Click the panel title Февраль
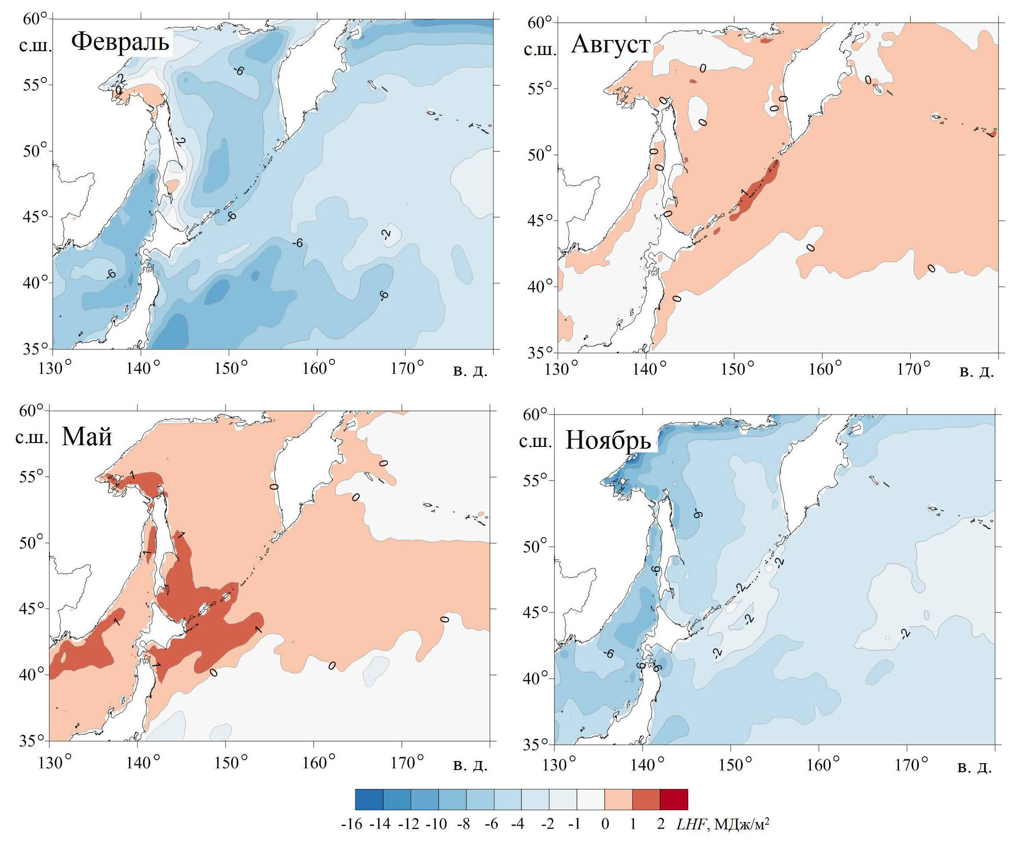tap(120, 42)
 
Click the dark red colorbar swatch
tap(673, 799)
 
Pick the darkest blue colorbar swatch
tap(369, 799)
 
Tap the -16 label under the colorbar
tap(351, 824)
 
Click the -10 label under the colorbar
tap(436, 824)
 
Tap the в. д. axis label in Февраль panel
tap(470, 370)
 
